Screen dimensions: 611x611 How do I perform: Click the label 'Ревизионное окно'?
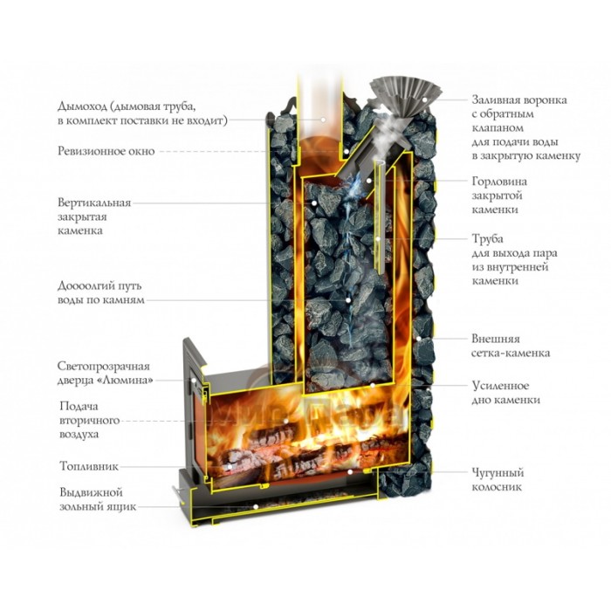tap(106, 151)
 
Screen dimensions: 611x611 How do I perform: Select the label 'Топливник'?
tap(88, 466)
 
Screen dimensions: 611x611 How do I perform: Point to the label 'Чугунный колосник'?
tap(497, 479)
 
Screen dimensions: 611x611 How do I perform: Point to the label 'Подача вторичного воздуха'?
tap(91, 419)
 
